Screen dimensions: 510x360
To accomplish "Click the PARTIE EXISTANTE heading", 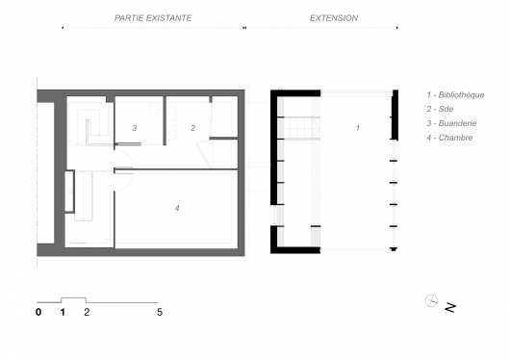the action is [153, 18].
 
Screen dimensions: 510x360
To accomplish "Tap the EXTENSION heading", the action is [334, 18].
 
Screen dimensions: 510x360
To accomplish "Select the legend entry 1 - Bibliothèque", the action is [455, 94].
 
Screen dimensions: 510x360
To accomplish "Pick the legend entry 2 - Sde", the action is [440, 109].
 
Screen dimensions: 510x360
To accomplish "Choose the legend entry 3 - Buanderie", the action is [451, 123].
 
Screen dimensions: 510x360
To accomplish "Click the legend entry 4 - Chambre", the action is [449, 138].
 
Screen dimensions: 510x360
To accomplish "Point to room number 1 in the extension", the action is [357, 128].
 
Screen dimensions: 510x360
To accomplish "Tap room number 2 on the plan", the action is [192, 128].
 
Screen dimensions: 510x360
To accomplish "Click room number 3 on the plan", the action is [135, 128].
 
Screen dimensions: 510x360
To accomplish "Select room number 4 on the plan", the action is [177, 208].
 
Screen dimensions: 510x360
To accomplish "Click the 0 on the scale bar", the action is [38, 312].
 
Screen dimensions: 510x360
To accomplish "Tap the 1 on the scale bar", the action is [63, 312].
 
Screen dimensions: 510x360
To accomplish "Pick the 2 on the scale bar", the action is [87, 312].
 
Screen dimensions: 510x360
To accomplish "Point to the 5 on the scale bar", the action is [160, 312].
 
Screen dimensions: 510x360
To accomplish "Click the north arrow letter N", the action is [450, 308].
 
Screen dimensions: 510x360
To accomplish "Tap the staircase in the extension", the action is [302, 128].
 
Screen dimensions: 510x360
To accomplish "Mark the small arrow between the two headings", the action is [244, 28].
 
